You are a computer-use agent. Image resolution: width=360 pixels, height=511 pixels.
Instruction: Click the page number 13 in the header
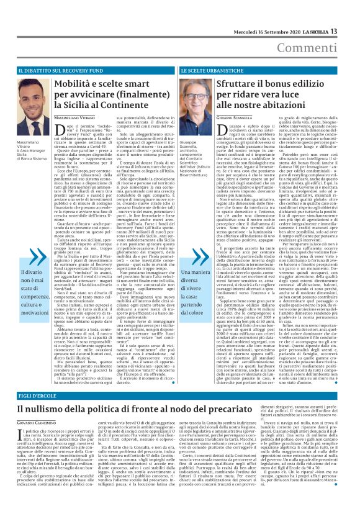351,12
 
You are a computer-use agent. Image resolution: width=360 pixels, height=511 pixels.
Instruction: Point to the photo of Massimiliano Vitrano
24,103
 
